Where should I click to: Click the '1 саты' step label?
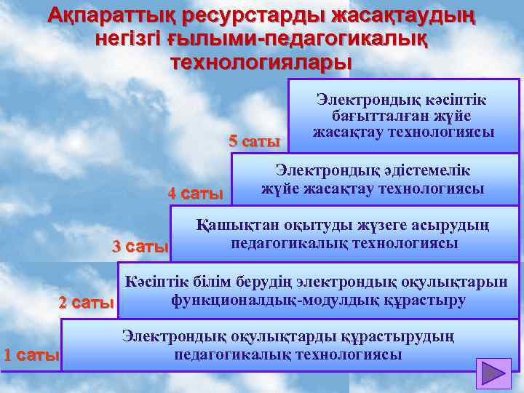31,356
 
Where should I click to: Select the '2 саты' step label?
87,302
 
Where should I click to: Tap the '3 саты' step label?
140,247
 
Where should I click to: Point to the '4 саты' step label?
195,194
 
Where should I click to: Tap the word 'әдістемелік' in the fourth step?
424,171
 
